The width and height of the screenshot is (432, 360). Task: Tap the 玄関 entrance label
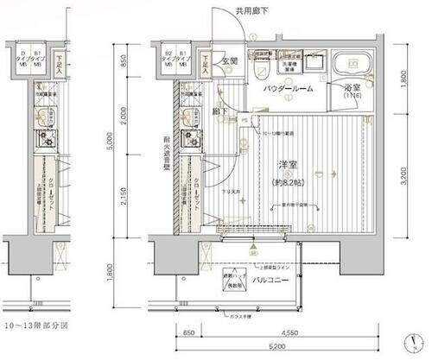click(228, 62)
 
